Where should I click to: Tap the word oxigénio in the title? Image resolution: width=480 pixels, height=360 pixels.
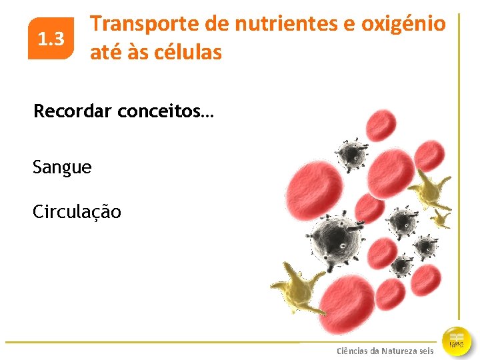[x=403, y=24]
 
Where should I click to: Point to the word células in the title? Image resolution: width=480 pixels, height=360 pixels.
[x=189, y=52]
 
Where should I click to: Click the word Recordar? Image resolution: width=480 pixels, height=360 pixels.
[x=73, y=111]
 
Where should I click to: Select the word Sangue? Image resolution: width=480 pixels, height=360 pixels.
[x=62, y=167]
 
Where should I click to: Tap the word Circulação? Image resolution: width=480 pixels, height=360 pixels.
[x=77, y=212]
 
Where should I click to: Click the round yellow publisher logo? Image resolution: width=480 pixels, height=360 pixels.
[x=457, y=341]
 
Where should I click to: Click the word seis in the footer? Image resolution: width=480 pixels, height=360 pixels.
[x=427, y=351]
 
